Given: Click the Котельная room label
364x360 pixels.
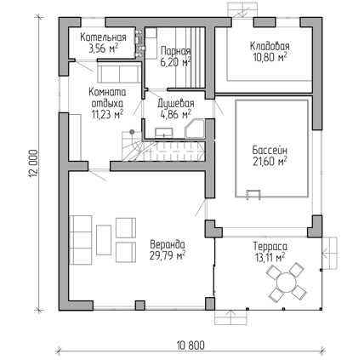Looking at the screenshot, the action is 103,37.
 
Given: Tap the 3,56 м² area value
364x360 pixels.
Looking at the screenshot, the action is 104,49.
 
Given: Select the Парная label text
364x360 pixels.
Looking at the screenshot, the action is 176,51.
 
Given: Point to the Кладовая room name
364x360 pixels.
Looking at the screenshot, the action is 270,46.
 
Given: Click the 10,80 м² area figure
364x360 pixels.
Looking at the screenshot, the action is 270,57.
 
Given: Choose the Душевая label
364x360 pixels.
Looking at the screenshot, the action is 176,104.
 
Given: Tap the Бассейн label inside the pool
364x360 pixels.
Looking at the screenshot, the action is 270,150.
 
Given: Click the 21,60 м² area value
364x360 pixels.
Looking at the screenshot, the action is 270,161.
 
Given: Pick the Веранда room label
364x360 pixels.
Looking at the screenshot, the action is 168,244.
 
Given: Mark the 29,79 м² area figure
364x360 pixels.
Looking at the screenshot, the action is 168,255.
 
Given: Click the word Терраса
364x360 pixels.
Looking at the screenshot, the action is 270,246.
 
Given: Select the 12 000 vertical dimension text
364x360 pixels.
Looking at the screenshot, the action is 32,163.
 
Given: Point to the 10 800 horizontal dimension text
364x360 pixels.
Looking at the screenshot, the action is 191,346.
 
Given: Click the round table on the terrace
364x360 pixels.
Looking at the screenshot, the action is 287,283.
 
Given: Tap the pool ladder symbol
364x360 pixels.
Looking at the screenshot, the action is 253,194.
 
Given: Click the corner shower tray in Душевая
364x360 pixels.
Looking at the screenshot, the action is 195,129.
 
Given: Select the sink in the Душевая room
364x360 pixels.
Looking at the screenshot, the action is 164,132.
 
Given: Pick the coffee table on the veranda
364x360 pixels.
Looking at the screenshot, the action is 104,240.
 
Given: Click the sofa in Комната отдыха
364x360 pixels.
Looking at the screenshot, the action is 119,72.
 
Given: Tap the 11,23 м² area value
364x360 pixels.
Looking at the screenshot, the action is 107,114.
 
